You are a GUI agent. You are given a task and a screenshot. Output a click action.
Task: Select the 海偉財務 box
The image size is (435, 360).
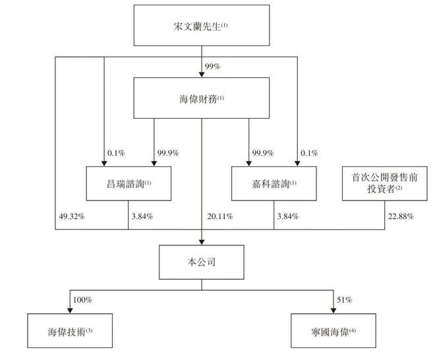(201, 100)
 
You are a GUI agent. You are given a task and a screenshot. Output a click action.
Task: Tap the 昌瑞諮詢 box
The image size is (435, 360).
(128, 183)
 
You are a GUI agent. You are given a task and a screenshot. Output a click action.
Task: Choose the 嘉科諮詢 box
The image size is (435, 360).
(274, 183)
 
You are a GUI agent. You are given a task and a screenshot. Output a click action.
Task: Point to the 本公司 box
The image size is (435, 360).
(201, 261)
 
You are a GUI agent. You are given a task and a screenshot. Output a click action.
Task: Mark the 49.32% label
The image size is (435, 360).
(71, 217)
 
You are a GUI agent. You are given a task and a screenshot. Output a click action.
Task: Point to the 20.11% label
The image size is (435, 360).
(219, 217)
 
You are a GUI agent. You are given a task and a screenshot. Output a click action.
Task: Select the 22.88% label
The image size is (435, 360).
(400, 217)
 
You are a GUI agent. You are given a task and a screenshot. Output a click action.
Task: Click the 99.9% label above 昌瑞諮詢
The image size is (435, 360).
(169, 153)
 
